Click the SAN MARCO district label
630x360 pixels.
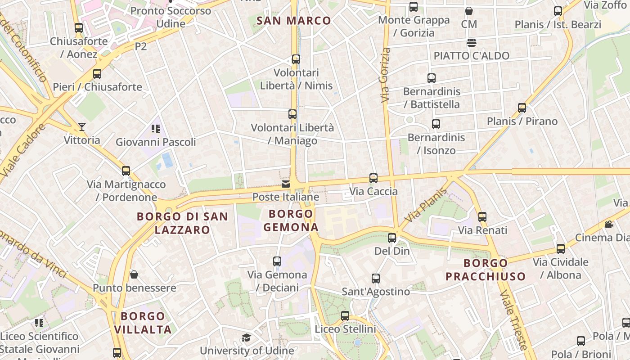tap(293, 20)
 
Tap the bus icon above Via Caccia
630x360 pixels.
tap(373, 178)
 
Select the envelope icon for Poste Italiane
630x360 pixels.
tap(286, 184)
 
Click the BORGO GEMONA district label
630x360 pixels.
tap(291, 220)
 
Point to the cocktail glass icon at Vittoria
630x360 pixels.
tap(82, 127)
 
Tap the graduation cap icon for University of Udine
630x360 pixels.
tap(246, 338)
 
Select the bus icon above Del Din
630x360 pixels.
tap(392, 238)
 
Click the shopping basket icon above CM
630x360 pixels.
tap(469, 11)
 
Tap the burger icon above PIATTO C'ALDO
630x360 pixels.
tap(472, 43)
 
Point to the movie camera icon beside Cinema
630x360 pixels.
tap(609, 224)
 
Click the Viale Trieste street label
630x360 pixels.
tap(514, 319)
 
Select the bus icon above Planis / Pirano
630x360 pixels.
tap(522, 108)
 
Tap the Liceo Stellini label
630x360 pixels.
tap(345, 329)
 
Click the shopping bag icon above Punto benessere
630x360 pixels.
tap(134, 274)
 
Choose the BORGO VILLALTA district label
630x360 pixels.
tap(143, 323)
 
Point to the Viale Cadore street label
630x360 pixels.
tap(22, 150)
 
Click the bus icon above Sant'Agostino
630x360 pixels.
tap(376, 279)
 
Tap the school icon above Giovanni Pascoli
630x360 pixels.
tap(156, 129)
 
